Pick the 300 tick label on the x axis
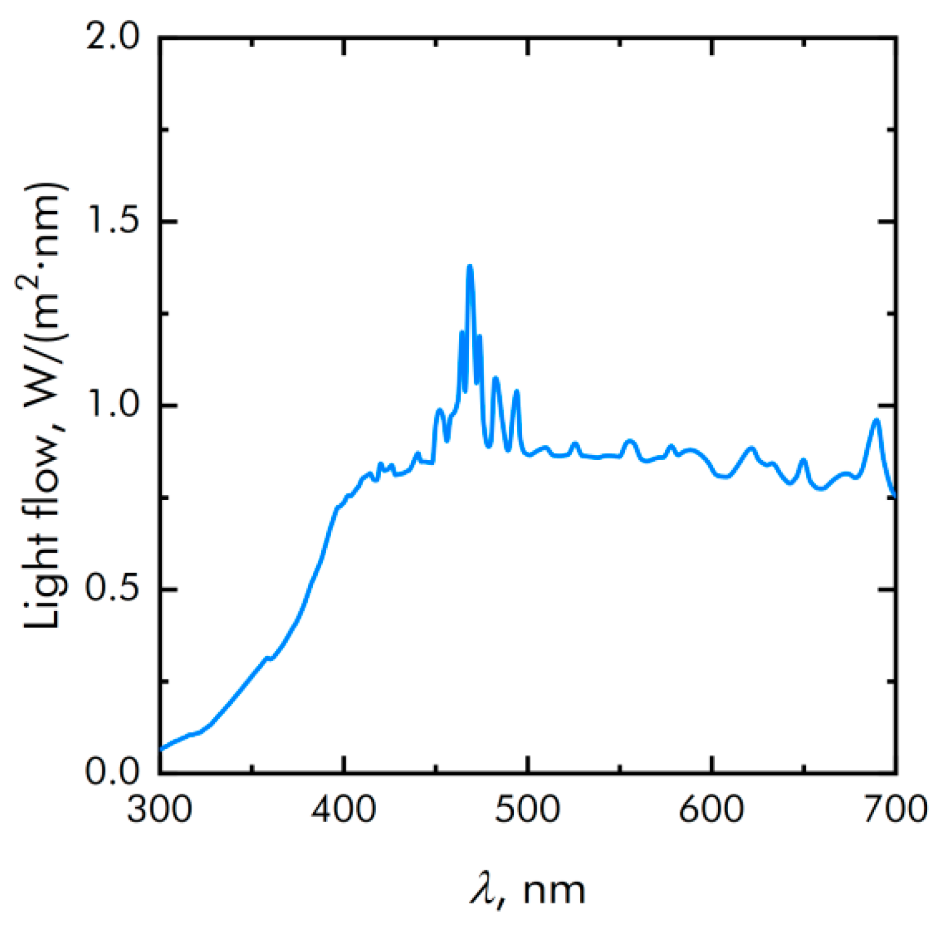(159, 810)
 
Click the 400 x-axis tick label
(344, 810)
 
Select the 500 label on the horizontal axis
(528, 810)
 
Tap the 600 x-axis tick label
(712, 810)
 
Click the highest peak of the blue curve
(470, 267)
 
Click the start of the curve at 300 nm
(161, 749)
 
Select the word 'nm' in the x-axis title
(554, 891)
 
